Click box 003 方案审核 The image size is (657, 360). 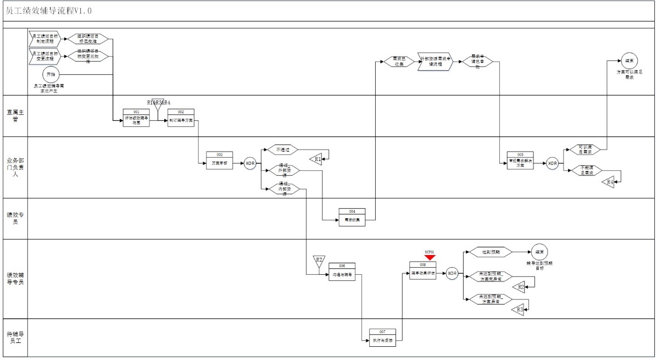pos(220,163)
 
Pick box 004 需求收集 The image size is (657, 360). pos(352,217)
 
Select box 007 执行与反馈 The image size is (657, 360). pos(382,337)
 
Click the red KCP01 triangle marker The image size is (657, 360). pos(430,257)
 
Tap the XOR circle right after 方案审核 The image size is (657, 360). pos(250,163)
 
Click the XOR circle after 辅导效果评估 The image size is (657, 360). pos(452,273)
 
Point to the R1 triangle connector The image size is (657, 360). pos(317,159)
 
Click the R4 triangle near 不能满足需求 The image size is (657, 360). pos(608,182)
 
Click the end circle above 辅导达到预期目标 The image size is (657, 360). pos(539,252)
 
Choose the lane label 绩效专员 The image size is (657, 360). pos(15,218)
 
